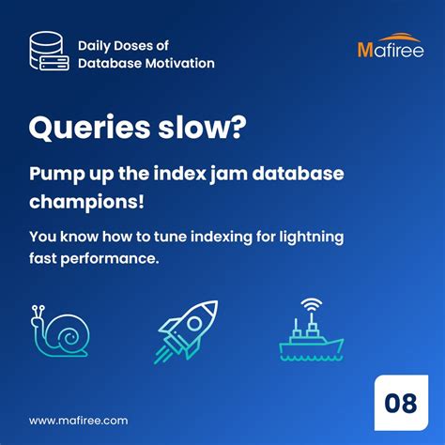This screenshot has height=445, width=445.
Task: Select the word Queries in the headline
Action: click(x=85, y=129)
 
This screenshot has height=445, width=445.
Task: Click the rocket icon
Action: click(x=187, y=330)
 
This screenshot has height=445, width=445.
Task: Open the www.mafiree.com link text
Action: click(x=78, y=421)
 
